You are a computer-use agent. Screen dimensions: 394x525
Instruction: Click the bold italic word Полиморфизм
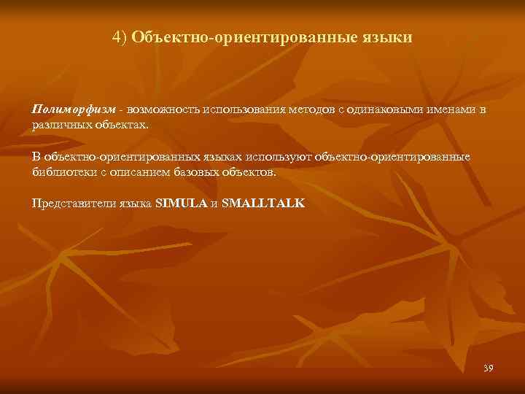(74, 109)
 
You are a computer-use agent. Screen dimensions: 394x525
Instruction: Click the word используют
(281, 157)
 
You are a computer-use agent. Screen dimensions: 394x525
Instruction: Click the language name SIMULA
(182, 204)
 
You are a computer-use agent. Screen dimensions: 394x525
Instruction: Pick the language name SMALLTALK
(263, 204)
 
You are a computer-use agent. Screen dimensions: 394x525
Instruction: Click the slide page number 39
(488, 368)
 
